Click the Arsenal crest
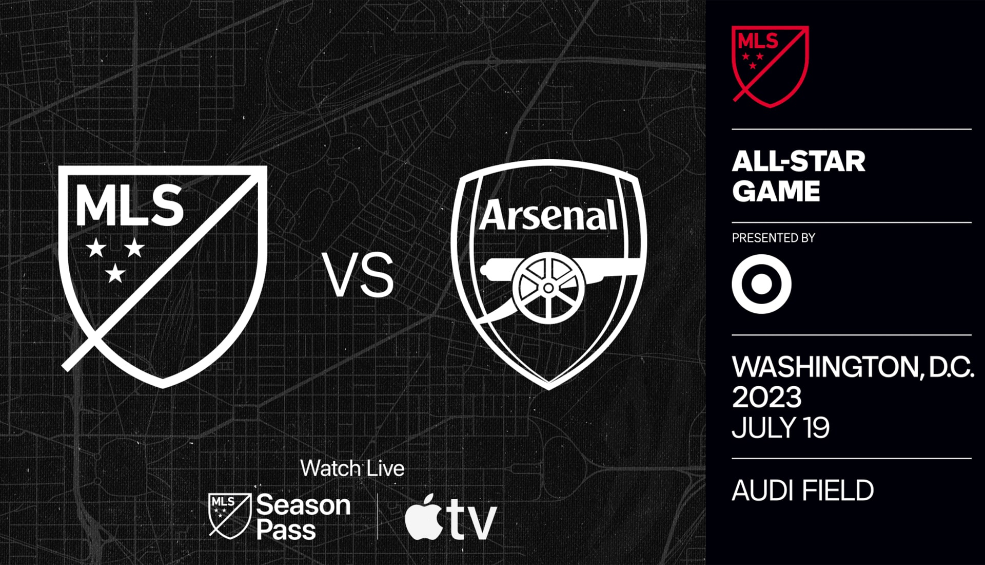pyautogui.click(x=548, y=275)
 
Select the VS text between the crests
pyautogui.click(x=358, y=275)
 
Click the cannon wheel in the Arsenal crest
pyautogui.click(x=548, y=288)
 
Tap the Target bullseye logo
pyautogui.click(x=761, y=284)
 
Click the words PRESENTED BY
pyautogui.click(x=773, y=238)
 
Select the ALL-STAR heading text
pyautogui.click(x=798, y=161)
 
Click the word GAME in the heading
pyautogui.click(x=776, y=191)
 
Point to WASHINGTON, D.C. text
pyautogui.click(x=853, y=367)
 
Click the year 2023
pyautogui.click(x=766, y=397)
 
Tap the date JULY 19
pyautogui.click(x=780, y=427)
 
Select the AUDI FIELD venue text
pyautogui.click(x=803, y=491)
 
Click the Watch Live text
pyautogui.click(x=352, y=468)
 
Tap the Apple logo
pyautogui.click(x=424, y=517)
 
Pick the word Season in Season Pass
pyautogui.click(x=303, y=505)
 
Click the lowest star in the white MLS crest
pyautogui.click(x=115, y=273)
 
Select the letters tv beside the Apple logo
pyautogui.click(x=471, y=519)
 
